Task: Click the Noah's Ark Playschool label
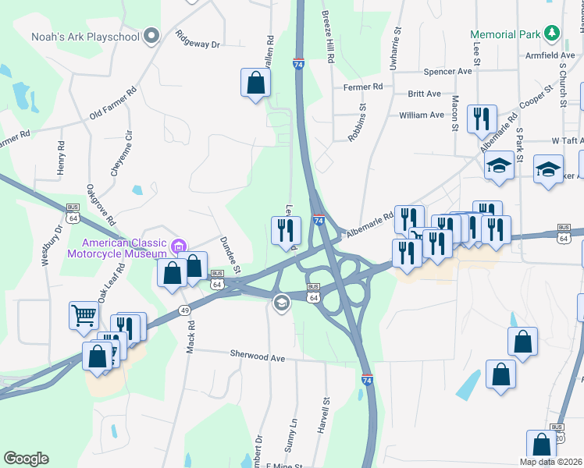click(85, 37)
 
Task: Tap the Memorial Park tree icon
click(552, 34)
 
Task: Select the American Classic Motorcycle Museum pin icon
click(179, 246)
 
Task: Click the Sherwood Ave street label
click(257, 355)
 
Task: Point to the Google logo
click(26, 459)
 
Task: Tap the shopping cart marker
click(84, 316)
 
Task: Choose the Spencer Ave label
click(448, 71)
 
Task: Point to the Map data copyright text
click(550, 462)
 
